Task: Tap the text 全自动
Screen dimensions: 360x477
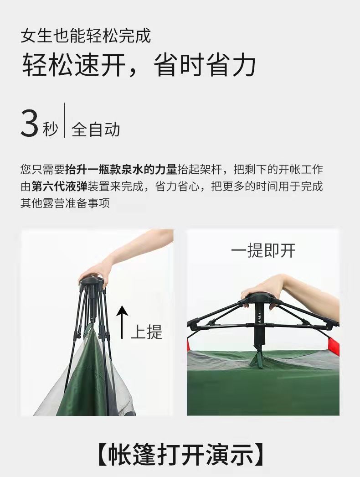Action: tap(96, 130)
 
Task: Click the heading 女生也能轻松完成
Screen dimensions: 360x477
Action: tap(86, 36)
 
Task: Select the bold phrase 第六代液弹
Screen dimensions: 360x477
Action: tap(60, 186)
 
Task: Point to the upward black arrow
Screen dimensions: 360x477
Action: tap(122, 322)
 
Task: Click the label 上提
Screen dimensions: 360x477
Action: tap(147, 331)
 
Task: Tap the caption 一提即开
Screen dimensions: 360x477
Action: tap(263, 251)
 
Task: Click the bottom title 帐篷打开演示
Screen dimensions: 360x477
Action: tap(180, 455)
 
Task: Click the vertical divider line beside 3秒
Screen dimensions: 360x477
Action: tap(64, 120)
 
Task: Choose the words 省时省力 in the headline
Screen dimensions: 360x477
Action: tap(204, 65)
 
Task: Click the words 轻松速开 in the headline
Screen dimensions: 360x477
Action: tap(73, 65)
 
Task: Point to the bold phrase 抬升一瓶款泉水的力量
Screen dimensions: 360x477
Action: tap(121, 170)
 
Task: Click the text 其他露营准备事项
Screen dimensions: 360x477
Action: tap(65, 203)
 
